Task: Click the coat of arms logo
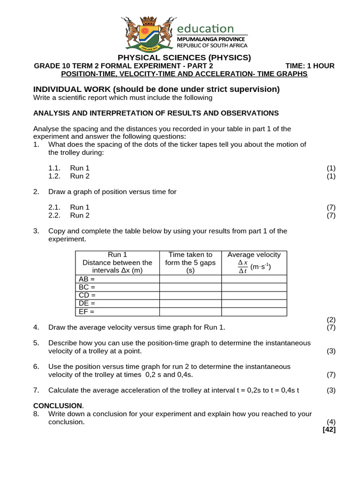(149, 34)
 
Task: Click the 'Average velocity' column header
(254, 255)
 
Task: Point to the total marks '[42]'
(329, 429)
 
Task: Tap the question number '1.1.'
(54, 168)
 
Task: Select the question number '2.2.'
(54, 215)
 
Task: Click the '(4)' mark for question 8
(331, 422)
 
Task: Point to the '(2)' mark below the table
(331, 320)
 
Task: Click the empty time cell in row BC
(190, 287)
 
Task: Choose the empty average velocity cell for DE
(254, 304)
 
